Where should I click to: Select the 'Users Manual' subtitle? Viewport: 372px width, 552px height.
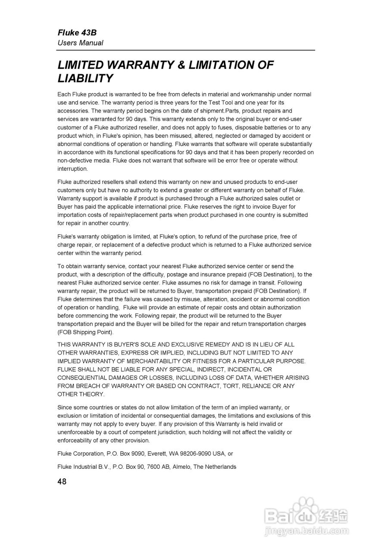81,43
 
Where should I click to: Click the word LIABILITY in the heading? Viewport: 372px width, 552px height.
85,78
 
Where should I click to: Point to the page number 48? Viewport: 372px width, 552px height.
62,482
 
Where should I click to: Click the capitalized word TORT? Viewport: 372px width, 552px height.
231,386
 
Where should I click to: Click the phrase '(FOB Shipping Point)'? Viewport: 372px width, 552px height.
85,332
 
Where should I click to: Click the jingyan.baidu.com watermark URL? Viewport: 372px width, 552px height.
306,530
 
